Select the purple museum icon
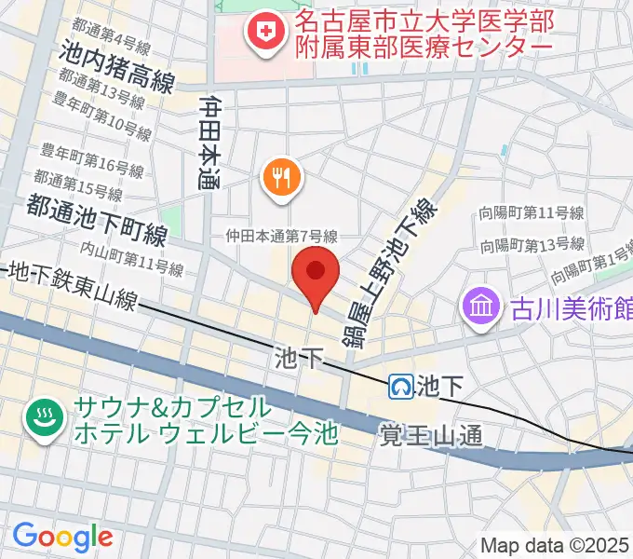(x=480, y=306)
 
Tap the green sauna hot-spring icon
(x=43, y=418)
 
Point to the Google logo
(x=61, y=536)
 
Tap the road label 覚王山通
(x=431, y=434)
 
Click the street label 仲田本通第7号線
(x=281, y=238)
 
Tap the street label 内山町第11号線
(x=130, y=258)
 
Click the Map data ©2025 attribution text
(x=555, y=545)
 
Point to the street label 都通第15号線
(x=79, y=184)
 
